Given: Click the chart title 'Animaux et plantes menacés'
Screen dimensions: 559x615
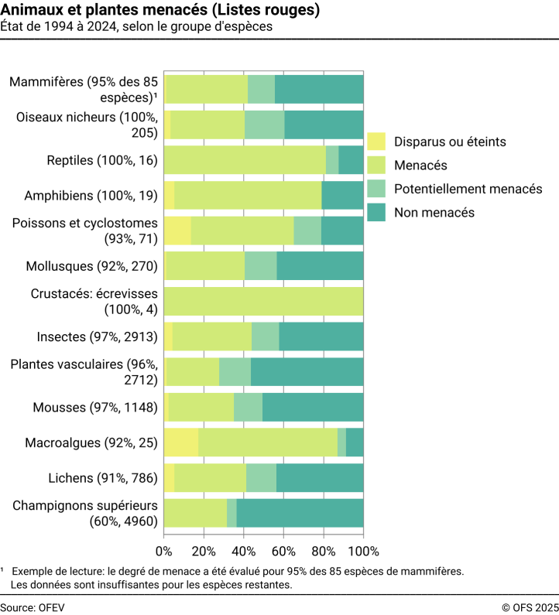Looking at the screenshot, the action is [104, 9].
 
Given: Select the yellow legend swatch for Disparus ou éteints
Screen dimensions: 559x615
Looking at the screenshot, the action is [376, 142].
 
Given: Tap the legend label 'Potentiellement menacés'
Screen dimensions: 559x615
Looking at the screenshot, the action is [468, 189].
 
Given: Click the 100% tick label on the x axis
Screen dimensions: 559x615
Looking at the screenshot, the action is [364, 551].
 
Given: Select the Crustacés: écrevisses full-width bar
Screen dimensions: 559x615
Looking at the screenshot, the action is [264, 301].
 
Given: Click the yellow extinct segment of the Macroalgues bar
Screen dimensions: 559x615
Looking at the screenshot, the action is [181, 442].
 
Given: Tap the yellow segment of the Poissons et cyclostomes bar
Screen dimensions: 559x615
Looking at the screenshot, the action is [177, 231].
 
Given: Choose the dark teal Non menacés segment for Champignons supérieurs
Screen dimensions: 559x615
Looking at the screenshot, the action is [300, 513].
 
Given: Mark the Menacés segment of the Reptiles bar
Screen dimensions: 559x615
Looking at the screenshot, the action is [245, 160].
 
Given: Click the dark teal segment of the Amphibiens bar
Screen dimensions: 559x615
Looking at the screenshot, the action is [343, 195].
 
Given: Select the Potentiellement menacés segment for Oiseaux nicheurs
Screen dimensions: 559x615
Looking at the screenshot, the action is [265, 125].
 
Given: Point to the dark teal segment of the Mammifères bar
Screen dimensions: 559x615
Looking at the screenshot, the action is [319, 90].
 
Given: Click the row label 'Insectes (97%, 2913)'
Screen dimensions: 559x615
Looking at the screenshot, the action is [97, 337].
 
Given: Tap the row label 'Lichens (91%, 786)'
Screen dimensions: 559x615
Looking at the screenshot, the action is [103, 478].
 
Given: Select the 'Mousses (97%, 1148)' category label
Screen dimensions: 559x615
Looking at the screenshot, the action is [95, 407].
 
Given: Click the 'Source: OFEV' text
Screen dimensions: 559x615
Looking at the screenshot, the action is [33, 607].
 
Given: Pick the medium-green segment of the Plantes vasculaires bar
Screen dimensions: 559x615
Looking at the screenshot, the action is [235, 372].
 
